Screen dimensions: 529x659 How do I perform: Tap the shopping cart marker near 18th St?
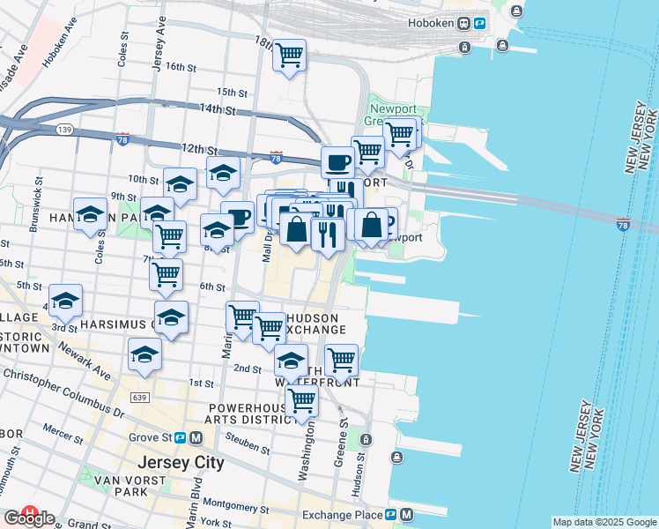point(289,56)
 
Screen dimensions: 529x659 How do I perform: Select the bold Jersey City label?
point(181,463)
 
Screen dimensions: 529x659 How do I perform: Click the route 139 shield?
point(64,130)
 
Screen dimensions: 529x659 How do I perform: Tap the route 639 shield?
point(140,399)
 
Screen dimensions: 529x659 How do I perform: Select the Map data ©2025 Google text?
point(604,522)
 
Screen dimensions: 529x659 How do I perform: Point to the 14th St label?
point(218,110)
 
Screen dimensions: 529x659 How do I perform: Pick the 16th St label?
point(179,67)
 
